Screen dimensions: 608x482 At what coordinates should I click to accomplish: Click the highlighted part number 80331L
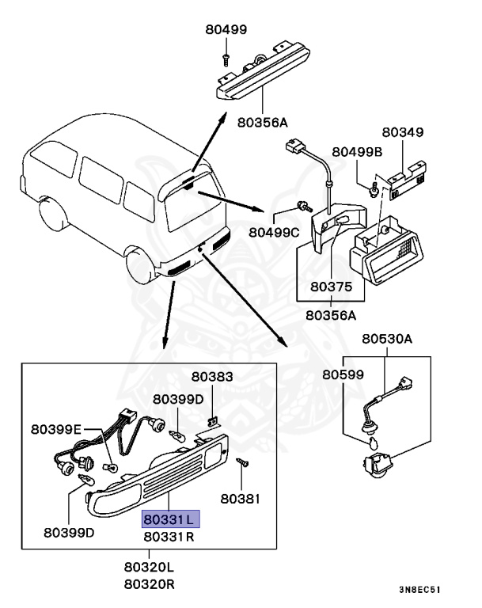point(171,519)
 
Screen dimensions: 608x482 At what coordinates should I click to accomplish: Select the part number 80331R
point(171,537)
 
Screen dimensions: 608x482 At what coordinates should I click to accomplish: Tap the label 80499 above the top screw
point(226,30)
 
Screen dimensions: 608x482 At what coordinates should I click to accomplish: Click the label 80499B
point(357,151)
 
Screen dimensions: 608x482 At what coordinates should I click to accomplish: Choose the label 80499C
point(274,232)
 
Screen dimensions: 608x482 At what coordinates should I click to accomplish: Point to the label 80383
point(212,377)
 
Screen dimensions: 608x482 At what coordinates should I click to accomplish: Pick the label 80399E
point(56,429)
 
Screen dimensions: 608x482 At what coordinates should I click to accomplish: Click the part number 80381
point(240,499)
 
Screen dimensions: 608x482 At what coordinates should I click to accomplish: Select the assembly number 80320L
point(149,568)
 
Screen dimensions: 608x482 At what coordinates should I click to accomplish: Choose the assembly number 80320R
point(149,584)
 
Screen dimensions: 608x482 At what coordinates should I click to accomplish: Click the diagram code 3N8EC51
point(419,590)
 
